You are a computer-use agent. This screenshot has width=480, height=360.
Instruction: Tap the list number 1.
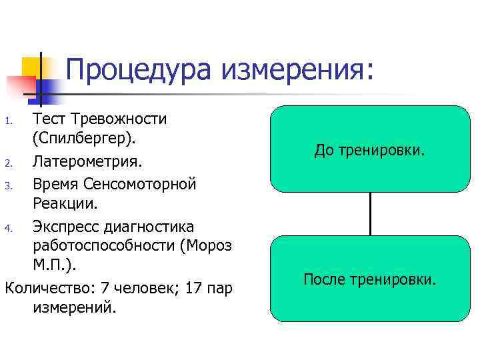point(8,121)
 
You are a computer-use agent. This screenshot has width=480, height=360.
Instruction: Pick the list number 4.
point(8,228)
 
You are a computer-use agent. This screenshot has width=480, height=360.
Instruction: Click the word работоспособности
point(104,246)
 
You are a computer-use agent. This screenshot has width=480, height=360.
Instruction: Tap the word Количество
point(47,288)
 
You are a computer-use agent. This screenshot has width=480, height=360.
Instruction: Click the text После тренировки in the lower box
point(369,279)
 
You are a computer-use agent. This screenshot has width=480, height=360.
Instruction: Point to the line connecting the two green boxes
point(370,213)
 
